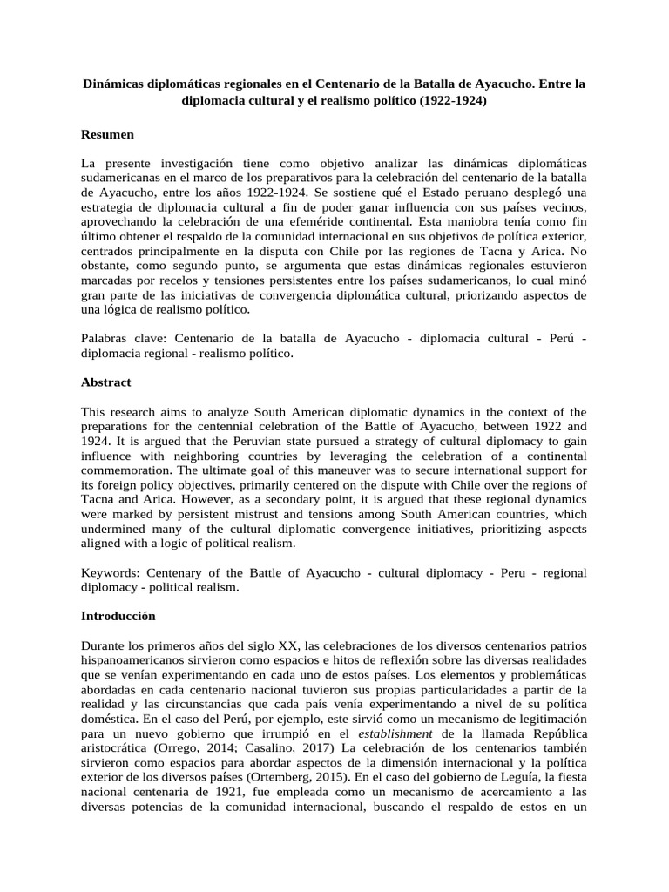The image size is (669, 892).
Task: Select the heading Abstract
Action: click(x=107, y=382)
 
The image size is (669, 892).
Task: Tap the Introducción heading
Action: click(x=118, y=616)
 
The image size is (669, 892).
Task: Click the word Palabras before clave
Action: click(x=107, y=339)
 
